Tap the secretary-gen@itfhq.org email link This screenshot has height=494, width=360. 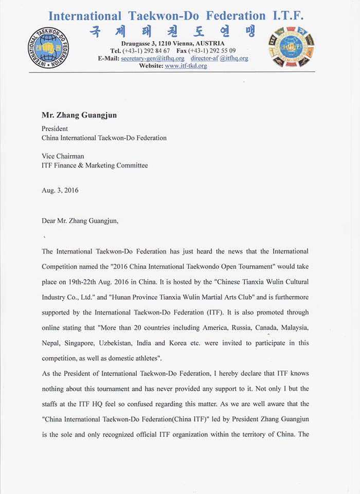[152, 59]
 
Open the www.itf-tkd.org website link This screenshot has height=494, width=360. [186, 66]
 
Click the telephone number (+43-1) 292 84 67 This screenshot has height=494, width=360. [146, 51]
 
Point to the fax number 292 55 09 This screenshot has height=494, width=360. [222, 51]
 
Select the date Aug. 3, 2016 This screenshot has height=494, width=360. [60, 190]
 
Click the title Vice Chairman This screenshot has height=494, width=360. [63, 156]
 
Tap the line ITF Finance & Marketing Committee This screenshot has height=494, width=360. [95, 166]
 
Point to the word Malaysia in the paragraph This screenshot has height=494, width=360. [290, 328]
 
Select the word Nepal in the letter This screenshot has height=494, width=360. [51, 343]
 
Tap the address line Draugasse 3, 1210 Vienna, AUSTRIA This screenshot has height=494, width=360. [178, 44]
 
